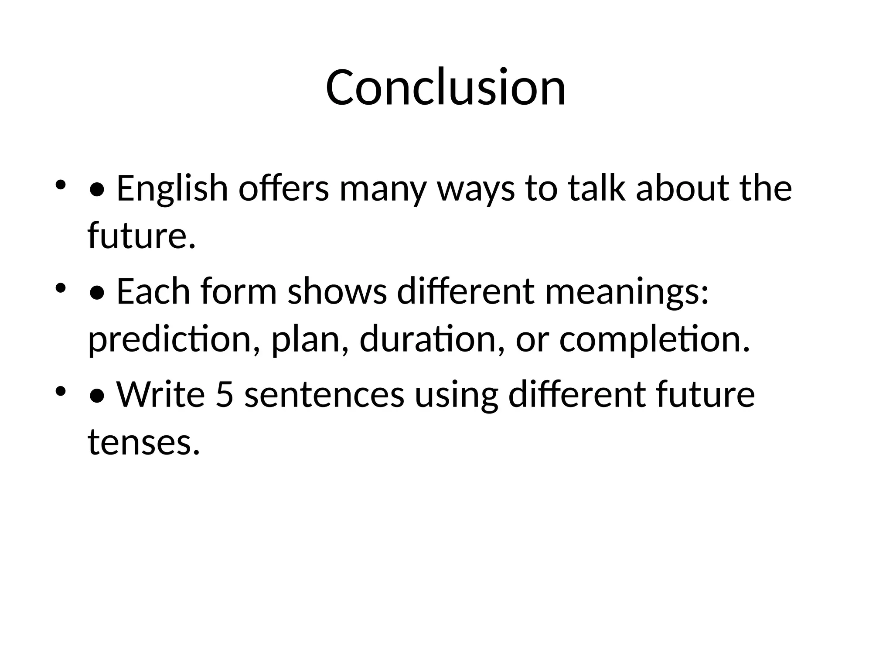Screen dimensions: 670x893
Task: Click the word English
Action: coord(172,188)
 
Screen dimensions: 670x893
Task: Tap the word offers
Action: coord(283,188)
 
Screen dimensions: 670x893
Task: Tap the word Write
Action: coord(160,394)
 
